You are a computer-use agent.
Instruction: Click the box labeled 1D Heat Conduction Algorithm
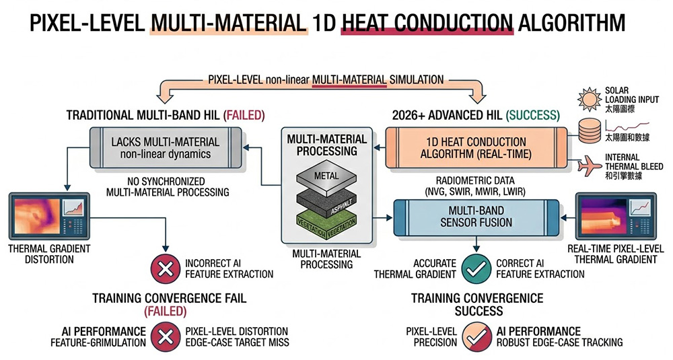point(477,148)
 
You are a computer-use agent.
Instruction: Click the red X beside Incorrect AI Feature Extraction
point(163,268)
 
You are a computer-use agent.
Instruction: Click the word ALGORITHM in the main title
point(571,25)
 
